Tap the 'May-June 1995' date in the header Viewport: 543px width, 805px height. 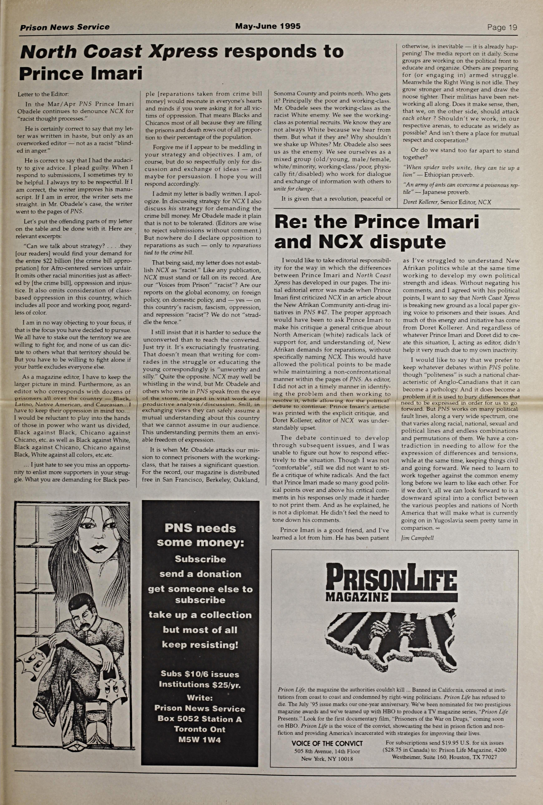(268, 26)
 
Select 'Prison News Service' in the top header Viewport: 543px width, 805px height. (65, 27)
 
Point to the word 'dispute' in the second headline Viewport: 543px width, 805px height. (408, 242)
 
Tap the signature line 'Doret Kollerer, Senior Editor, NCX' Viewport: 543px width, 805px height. (447, 202)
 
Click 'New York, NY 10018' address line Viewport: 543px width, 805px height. (327, 759)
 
